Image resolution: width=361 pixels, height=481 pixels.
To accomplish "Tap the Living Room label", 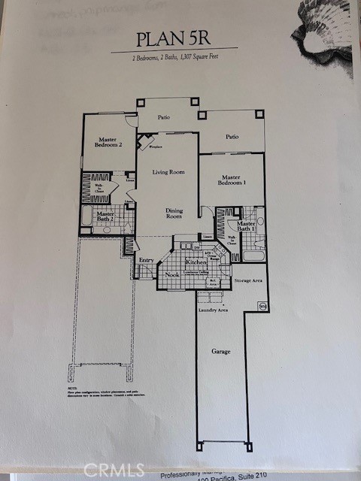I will click(x=168, y=172).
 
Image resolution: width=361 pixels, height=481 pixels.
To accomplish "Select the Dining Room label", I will click(x=174, y=213).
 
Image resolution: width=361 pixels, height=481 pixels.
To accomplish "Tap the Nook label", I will click(x=172, y=274).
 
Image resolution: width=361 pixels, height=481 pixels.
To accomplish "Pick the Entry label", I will click(x=146, y=261).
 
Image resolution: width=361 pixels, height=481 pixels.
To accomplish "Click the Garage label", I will click(x=220, y=351).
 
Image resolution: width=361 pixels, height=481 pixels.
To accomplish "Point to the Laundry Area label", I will click(x=213, y=310).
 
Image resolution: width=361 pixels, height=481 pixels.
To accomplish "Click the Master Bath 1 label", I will click(x=246, y=227).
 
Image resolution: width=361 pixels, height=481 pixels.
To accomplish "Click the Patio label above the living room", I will click(x=163, y=118).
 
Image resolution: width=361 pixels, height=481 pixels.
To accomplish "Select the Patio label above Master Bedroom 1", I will click(x=232, y=137).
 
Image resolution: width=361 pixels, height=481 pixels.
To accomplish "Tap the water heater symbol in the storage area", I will click(x=262, y=305).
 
